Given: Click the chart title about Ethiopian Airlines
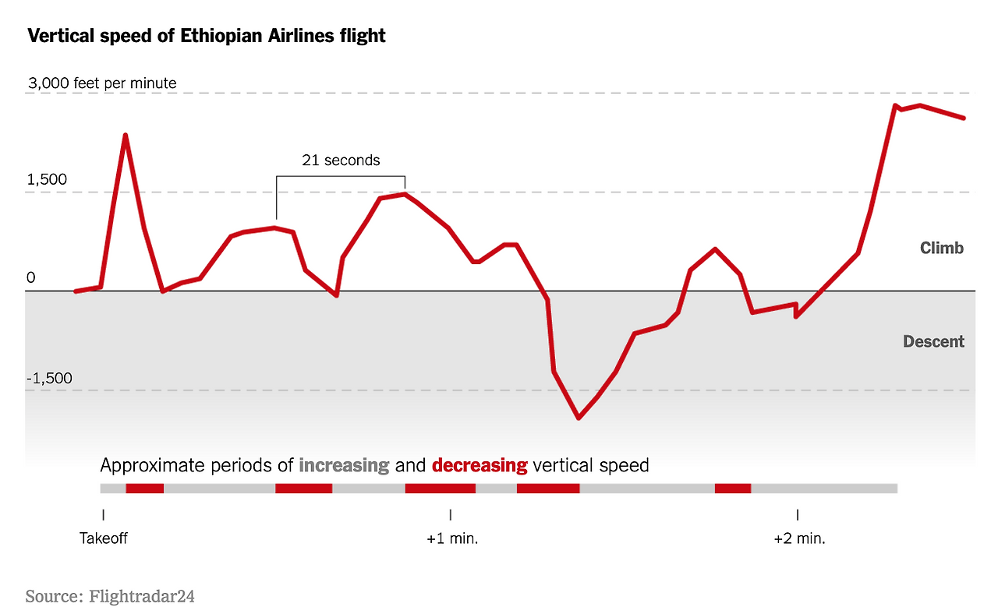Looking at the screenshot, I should pos(207,36).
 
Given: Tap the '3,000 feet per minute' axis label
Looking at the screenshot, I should pos(102,83).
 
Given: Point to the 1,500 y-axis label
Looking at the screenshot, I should pos(47,180).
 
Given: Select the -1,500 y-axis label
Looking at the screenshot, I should pos(50,379).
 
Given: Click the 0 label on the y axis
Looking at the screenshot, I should pos(31,278).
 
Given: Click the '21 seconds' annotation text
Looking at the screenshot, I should pos(341,161).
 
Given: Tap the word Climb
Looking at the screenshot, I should pos(942,249).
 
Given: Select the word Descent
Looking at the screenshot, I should pos(933,341).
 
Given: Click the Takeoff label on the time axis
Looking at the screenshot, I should pos(103,538).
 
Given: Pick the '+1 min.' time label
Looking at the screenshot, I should pos(451,538).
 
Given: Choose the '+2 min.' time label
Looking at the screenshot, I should pos(799,538).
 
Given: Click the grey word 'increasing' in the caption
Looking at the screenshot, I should pos(344,466).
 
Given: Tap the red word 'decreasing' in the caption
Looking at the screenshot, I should pos(480,466).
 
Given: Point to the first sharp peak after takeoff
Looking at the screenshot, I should pos(125,136).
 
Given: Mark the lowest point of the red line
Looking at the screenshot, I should pos(579,418).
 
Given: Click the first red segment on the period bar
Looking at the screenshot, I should pos(145,489).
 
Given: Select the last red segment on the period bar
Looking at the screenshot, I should pos(732,489).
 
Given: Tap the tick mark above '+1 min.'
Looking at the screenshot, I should pos(451,514).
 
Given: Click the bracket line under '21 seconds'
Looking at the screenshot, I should pos(341,177).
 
